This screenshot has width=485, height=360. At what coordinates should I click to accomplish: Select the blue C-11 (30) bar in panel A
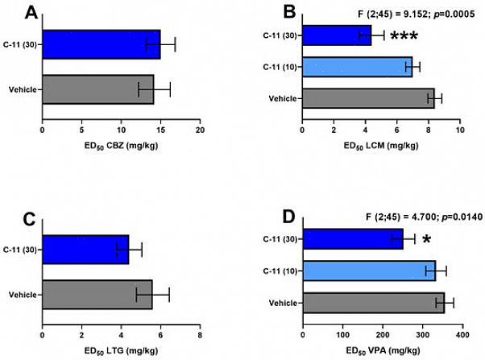point(101,44)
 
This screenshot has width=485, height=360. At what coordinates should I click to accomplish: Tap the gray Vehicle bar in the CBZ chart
point(97,89)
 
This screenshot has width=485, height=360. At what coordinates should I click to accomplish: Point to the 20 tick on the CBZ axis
point(200,130)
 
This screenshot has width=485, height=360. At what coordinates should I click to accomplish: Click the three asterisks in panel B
point(404,36)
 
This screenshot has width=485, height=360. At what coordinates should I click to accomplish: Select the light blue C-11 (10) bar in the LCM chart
point(357,67)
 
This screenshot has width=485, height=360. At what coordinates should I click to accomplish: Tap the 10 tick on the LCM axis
point(460,130)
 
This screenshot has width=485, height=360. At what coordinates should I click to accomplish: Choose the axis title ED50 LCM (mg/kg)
point(381,144)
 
